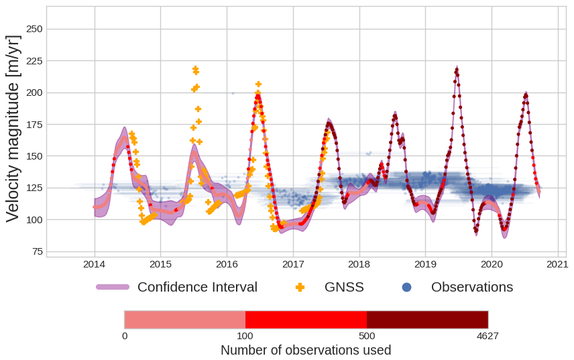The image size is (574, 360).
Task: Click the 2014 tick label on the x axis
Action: coord(94,265)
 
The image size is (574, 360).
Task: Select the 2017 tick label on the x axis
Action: coord(293,265)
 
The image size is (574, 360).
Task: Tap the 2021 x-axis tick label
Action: coord(558,265)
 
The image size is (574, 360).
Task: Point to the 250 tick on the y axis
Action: coord(34,29)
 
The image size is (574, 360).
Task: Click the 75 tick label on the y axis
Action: coord(37,251)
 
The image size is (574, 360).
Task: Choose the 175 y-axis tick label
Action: coord(34,125)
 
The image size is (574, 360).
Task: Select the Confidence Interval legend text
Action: coord(197,287)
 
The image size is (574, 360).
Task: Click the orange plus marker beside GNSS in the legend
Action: coord(300,287)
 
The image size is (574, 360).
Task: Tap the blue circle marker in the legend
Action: coord(406,287)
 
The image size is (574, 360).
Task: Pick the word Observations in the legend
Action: coord(471,287)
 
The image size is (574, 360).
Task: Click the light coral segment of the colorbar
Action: coord(184,319)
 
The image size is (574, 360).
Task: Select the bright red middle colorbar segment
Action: coord(306,319)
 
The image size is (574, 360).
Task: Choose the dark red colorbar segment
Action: coord(427,319)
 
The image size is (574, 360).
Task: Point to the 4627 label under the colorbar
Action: coord(487,336)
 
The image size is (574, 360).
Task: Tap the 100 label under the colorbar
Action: coord(245,336)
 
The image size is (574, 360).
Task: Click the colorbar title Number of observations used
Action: coord(306,350)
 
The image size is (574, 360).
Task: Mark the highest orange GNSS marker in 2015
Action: coord(196,68)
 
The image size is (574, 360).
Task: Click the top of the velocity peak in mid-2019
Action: coord(457,68)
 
